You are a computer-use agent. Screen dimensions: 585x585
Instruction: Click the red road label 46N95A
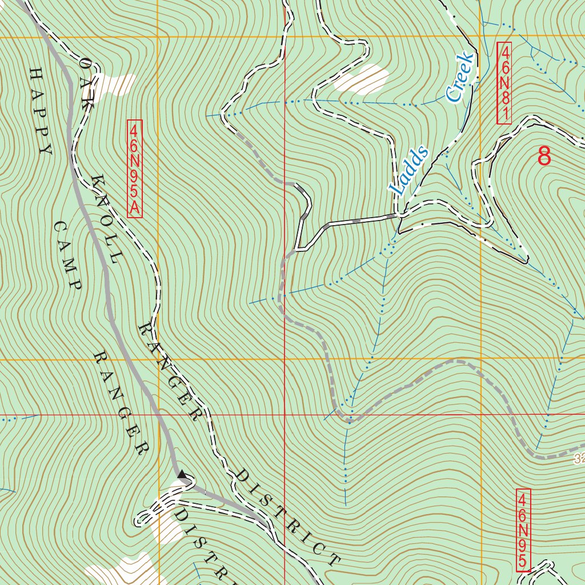coord(134,169)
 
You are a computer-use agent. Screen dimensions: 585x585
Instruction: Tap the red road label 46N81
coord(504,83)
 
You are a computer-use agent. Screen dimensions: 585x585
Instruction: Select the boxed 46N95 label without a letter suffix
coord(523,530)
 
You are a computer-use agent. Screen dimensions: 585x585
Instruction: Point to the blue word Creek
coord(460,77)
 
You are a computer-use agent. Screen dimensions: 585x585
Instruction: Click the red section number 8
coord(544,155)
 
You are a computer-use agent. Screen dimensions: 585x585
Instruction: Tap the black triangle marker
coord(182,474)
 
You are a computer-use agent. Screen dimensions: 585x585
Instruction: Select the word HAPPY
coord(40,111)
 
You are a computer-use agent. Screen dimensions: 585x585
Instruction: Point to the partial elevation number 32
coord(579,459)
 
